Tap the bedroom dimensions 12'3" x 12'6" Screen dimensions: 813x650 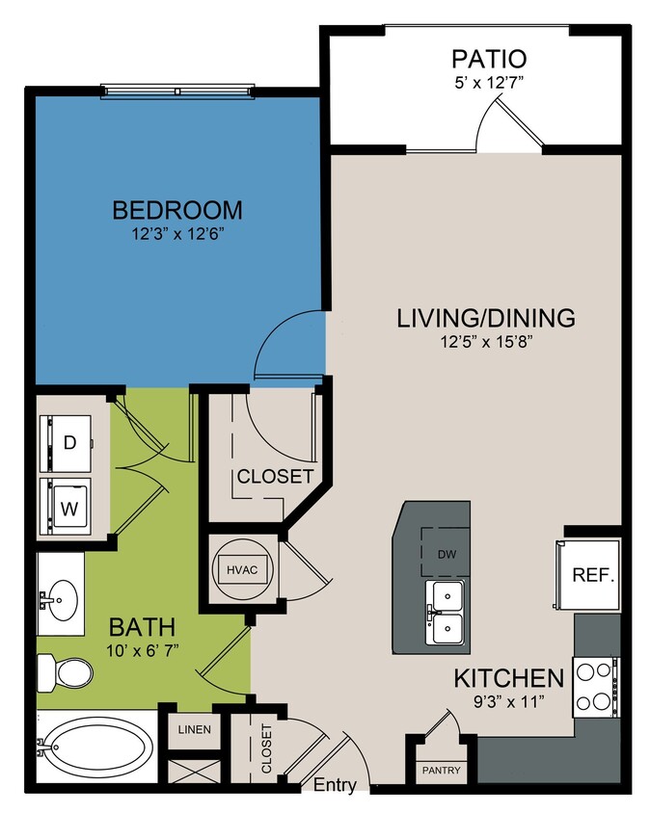coord(177,232)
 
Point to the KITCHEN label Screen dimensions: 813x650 coord(508,677)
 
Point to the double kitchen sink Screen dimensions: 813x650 coord(446,613)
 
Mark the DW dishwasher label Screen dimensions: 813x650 coord(446,554)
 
